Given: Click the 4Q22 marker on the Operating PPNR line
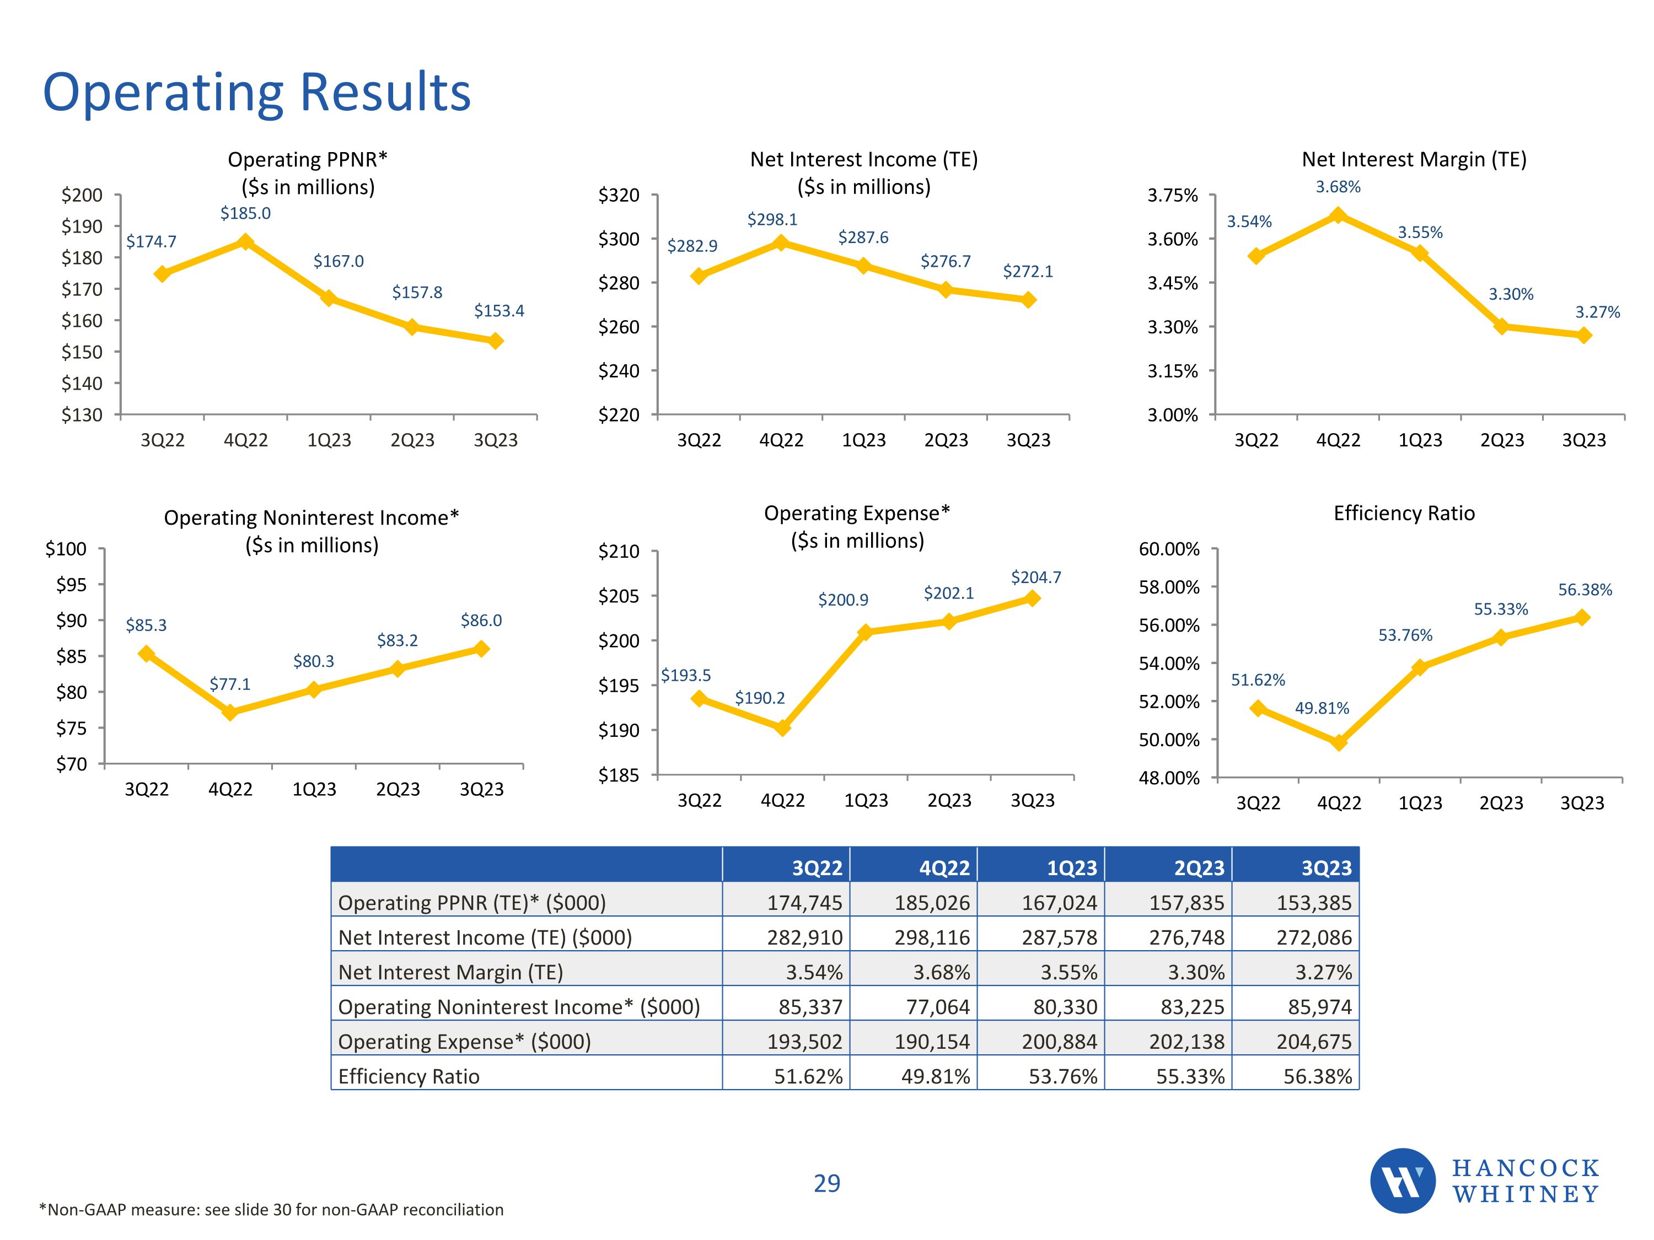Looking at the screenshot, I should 245,241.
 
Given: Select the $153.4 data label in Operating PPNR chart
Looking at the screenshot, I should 499,311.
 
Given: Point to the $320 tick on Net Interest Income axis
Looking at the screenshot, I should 619,196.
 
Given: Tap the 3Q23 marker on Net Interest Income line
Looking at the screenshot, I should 1028,300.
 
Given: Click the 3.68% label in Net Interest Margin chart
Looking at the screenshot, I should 1338,187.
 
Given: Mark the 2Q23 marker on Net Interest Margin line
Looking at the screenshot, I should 1501,327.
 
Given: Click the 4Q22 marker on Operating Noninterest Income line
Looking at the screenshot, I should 230,712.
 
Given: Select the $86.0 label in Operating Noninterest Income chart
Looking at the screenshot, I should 481,621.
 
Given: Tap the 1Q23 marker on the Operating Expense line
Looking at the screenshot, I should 865,632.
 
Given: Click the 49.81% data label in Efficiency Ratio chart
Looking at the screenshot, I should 1322,708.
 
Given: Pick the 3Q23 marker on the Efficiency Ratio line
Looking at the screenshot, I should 1582,617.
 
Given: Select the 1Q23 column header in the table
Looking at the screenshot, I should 1071,868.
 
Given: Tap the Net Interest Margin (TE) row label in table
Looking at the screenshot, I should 450,972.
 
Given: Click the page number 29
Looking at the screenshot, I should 827,1183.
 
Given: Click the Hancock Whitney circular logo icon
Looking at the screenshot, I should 1402,1181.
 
